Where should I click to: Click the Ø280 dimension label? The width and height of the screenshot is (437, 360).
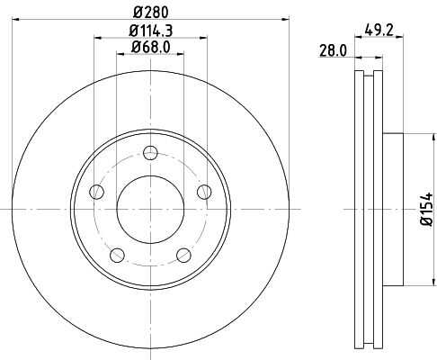click(151, 13)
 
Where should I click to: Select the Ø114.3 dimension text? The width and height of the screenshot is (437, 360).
click(151, 31)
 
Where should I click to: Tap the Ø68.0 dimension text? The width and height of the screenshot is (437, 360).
click(150, 47)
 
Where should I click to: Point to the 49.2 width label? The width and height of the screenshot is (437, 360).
click(379, 31)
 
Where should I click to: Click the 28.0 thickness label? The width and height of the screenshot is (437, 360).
click(333, 50)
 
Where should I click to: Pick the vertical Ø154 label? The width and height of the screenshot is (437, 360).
click(427, 209)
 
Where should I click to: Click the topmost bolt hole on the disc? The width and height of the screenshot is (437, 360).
click(150, 153)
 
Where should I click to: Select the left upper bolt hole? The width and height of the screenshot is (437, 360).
click(96, 192)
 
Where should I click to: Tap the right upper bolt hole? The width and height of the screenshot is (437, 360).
click(204, 192)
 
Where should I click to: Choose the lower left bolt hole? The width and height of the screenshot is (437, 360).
click(117, 256)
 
